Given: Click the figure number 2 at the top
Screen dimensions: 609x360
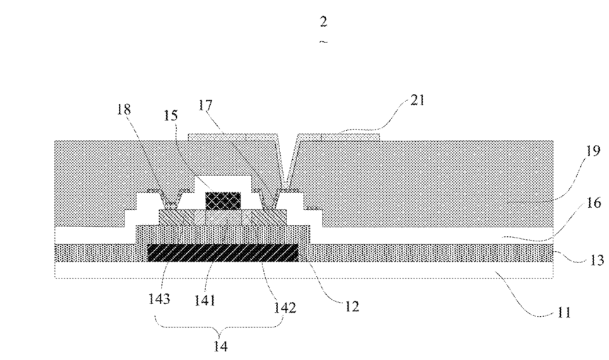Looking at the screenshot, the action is click(x=323, y=22).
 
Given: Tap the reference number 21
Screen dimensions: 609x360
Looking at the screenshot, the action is click(x=417, y=100).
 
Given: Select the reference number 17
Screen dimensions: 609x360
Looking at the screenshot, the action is click(x=205, y=105).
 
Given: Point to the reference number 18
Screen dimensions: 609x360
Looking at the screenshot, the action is click(x=124, y=110).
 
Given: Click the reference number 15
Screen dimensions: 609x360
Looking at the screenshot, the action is click(x=170, y=115).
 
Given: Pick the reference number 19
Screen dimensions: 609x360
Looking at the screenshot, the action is click(x=593, y=151).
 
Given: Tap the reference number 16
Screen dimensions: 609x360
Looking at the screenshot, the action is click(x=593, y=202).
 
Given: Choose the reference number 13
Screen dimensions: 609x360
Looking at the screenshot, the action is click(x=596, y=260).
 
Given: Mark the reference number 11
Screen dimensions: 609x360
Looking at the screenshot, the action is click(x=564, y=312).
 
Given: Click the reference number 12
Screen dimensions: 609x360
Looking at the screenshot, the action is click(x=352, y=306).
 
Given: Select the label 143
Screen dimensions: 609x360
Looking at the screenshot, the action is click(x=159, y=299).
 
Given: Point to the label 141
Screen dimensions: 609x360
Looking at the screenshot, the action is click(x=204, y=300).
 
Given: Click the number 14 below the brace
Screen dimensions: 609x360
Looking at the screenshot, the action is click(x=220, y=346).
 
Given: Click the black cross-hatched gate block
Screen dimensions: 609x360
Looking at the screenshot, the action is click(x=223, y=201).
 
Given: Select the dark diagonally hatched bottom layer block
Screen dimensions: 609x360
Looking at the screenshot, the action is click(x=223, y=252).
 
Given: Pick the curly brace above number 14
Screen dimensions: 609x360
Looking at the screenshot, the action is click(x=219, y=326).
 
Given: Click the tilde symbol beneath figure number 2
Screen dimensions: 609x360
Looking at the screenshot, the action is click(x=323, y=42).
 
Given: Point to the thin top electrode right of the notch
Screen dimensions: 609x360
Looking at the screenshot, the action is click(x=338, y=137).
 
